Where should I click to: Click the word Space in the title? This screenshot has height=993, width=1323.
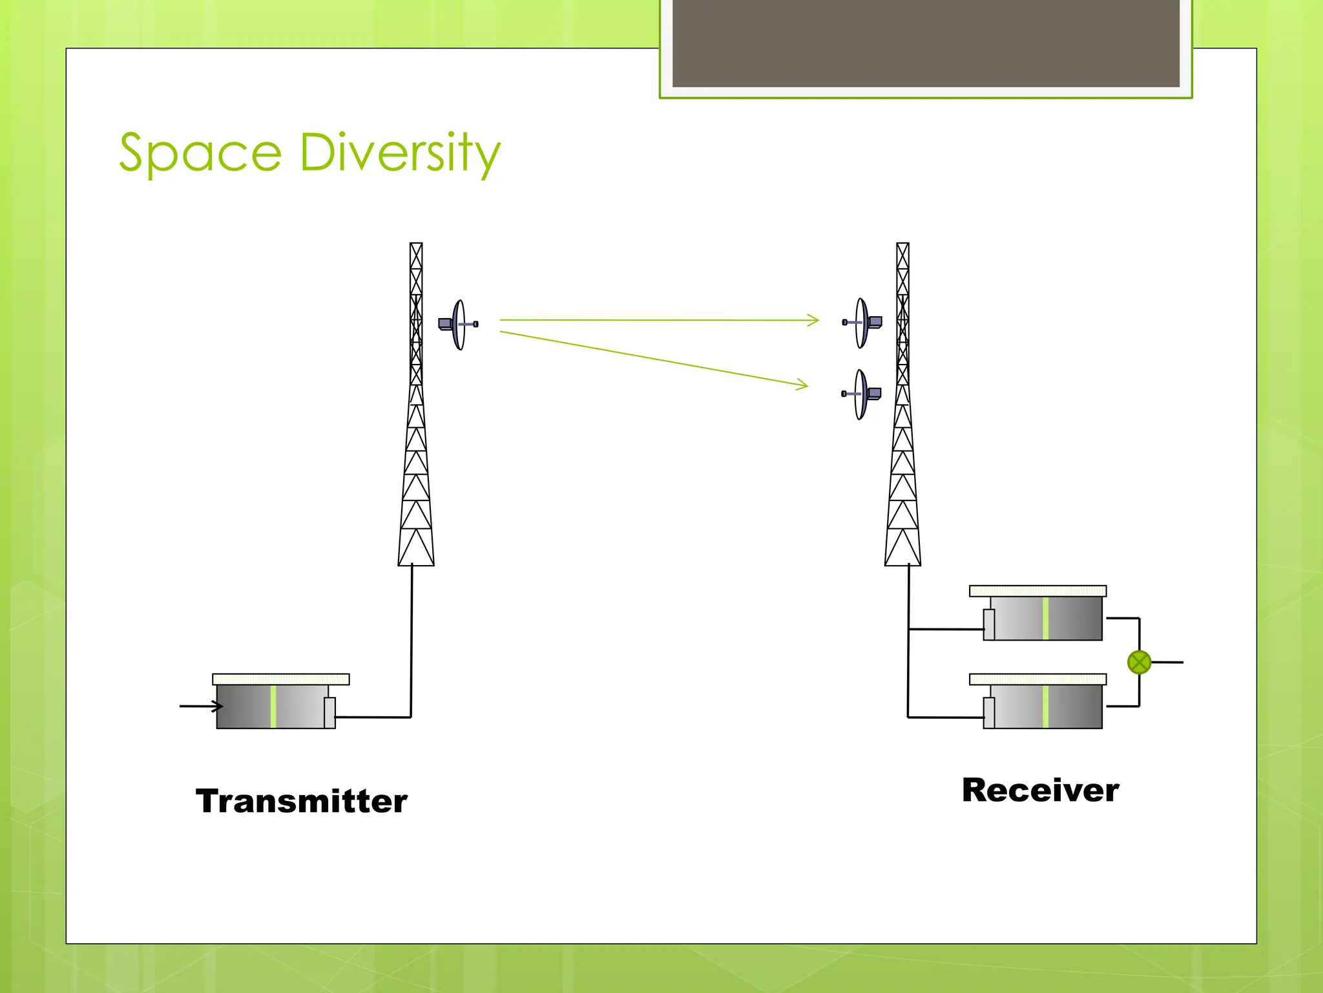[x=200, y=153]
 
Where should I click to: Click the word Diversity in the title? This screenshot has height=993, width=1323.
[x=400, y=153]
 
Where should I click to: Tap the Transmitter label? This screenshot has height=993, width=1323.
[x=302, y=802]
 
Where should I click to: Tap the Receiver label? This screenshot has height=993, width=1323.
[x=1040, y=791]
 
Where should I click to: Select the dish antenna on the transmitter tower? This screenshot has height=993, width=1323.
[x=458, y=325]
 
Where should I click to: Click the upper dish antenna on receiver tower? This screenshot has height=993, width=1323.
[x=862, y=323]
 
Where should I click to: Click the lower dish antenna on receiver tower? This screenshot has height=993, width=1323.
[x=861, y=394]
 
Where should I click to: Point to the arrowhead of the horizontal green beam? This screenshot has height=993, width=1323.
[x=815, y=320]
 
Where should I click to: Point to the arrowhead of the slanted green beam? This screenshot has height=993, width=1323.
[x=804, y=386]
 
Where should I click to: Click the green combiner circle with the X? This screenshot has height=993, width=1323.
[x=1139, y=662]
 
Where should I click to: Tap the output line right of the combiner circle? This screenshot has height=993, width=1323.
[x=1168, y=662]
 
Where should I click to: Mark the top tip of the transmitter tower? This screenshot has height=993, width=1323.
[x=416, y=244]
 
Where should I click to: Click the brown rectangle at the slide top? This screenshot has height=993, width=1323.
[x=926, y=43]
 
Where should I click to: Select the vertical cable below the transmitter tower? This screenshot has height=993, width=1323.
[x=411, y=640]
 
